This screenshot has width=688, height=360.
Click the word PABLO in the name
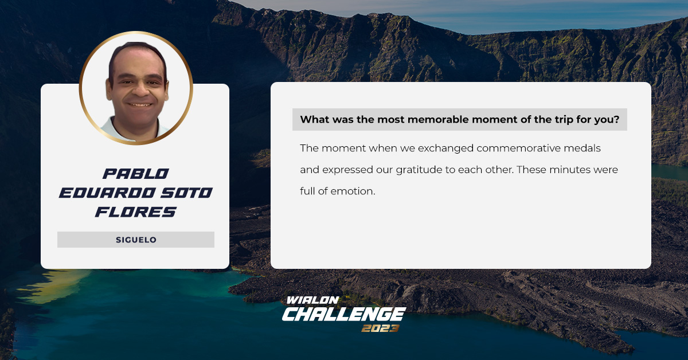tap(135, 174)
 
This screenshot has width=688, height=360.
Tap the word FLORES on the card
tap(135, 212)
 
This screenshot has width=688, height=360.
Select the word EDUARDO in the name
tap(107, 193)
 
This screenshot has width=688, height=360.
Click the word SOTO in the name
tap(186, 193)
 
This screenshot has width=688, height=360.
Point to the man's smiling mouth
tap(140, 104)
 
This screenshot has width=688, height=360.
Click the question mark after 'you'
tap(616, 119)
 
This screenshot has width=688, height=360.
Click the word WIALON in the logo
tap(312, 300)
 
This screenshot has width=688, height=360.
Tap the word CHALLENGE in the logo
tap(344, 314)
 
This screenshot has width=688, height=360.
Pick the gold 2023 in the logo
tap(380, 328)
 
